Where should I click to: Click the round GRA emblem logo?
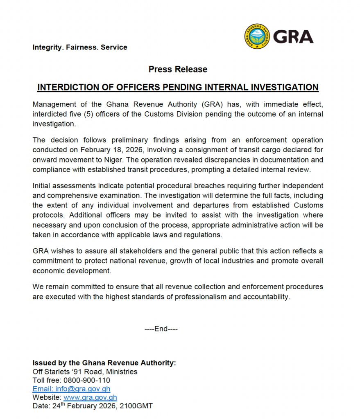coord(257,36)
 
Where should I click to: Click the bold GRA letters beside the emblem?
coord(293,37)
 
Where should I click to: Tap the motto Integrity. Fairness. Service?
coord(80,47)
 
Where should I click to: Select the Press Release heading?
coord(178,70)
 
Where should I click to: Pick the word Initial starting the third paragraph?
coord(42,186)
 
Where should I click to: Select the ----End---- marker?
coord(161,329)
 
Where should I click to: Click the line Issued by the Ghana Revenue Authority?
coord(104,363)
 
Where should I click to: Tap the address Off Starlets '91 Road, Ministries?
coord(85,372)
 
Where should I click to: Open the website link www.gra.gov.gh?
coord(90,398)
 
